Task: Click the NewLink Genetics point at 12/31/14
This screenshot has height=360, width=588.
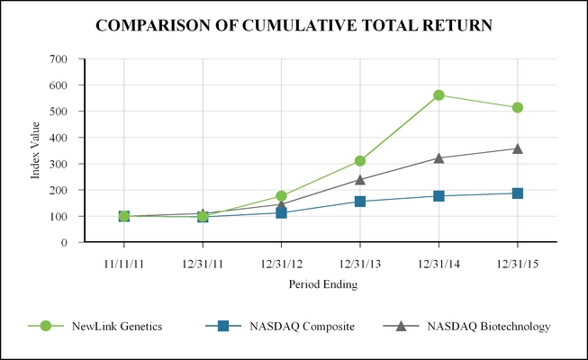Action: (x=439, y=95)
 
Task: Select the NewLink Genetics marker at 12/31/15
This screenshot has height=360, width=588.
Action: (x=518, y=108)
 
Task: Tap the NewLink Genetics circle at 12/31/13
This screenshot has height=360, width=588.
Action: (x=360, y=161)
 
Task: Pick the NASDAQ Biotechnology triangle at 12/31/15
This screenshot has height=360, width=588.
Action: (x=518, y=148)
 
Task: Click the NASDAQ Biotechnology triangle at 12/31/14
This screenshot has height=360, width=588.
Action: (x=439, y=157)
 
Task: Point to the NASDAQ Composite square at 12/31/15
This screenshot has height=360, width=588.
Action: (x=518, y=193)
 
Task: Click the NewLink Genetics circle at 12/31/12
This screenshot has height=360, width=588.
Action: (x=281, y=196)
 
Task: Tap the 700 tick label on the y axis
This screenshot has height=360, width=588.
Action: (x=59, y=59)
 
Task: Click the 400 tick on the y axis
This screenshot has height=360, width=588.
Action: (x=59, y=138)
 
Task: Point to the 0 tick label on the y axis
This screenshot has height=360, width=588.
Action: (x=64, y=243)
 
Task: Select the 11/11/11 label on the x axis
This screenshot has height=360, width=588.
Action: (x=123, y=265)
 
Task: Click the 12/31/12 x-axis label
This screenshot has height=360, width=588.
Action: (x=281, y=265)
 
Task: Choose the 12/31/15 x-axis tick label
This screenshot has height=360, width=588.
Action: (x=518, y=265)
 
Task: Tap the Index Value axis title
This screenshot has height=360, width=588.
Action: (x=36, y=151)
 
